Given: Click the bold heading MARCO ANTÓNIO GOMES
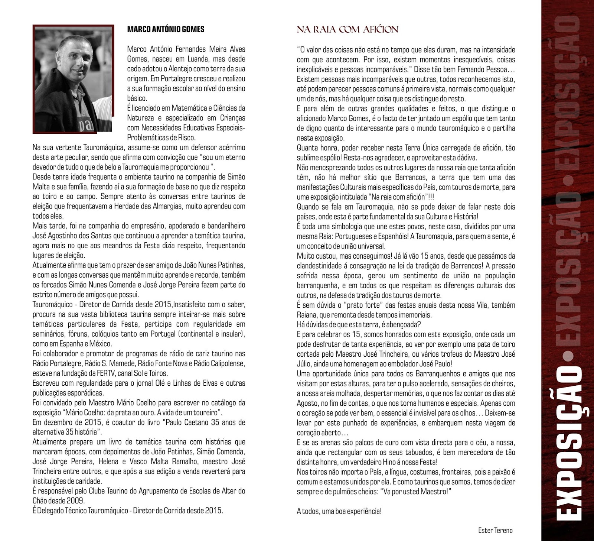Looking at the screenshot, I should coord(166,29).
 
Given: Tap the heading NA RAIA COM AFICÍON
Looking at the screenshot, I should coord(347,29).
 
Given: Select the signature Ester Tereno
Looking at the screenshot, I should coord(495,531).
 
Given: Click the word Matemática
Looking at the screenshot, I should coord(183,108).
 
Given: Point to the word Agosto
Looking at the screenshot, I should coord(307,403).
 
